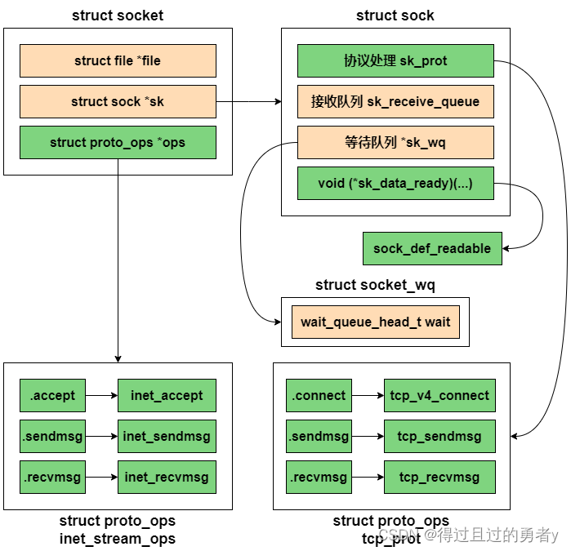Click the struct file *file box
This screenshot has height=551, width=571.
(x=118, y=61)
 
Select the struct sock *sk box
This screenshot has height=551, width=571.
(x=118, y=102)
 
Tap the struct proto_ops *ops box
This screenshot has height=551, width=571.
(x=118, y=143)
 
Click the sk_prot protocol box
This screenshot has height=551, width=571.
(x=395, y=61)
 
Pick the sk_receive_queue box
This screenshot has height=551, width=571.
(x=395, y=102)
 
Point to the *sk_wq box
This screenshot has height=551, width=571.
(x=395, y=143)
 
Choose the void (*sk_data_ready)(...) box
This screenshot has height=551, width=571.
(x=395, y=184)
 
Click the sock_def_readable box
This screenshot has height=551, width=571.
(x=432, y=248)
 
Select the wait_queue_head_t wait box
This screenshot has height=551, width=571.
(x=375, y=322)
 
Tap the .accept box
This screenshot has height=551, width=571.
(x=52, y=396)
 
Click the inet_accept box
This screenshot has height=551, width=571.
(x=167, y=396)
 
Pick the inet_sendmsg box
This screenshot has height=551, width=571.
(x=167, y=437)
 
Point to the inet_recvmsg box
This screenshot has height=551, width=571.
(x=167, y=478)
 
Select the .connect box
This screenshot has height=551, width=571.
(x=319, y=396)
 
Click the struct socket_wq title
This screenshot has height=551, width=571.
(x=375, y=285)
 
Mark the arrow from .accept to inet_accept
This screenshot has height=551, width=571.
(x=101, y=396)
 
